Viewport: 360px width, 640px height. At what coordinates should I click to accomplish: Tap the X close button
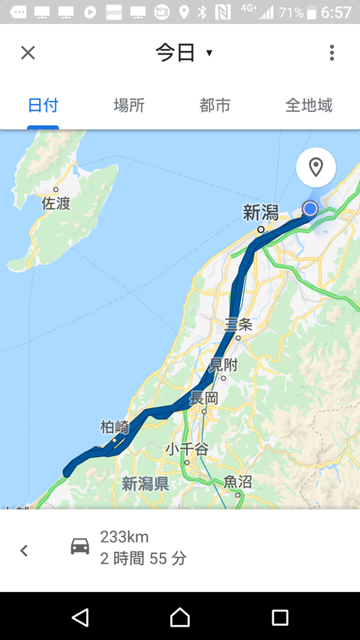(x=28, y=53)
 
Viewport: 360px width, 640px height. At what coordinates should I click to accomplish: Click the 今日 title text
(x=175, y=53)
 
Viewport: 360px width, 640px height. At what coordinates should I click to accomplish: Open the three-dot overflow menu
(x=331, y=53)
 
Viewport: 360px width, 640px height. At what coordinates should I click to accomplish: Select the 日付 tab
(x=43, y=105)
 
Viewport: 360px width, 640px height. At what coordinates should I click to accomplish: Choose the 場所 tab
(x=129, y=105)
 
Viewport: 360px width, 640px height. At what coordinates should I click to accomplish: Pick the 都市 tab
(x=215, y=105)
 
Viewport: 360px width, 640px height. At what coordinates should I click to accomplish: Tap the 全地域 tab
(x=309, y=105)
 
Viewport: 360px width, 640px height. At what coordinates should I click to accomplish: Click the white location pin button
(x=316, y=167)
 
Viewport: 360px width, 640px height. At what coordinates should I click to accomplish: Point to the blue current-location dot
(x=310, y=209)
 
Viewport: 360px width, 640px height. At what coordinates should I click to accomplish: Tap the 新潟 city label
(x=260, y=214)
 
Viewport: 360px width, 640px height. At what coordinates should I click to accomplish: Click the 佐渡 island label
(x=56, y=203)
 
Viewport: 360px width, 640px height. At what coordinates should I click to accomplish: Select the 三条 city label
(x=239, y=325)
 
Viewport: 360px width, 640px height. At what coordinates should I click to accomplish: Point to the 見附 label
(x=223, y=365)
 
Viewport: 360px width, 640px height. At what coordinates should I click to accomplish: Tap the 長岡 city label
(x=204, y=398)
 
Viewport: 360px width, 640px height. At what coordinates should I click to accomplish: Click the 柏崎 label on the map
(x=115, y=428)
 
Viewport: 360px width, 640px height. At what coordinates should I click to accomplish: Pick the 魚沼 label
(x=238, y=482)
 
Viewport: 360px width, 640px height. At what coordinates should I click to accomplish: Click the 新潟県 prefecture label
(x=145, y=484)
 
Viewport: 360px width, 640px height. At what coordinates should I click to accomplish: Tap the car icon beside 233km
(x=79, y=546)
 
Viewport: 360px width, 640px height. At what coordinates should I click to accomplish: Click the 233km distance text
(x=124, y=536)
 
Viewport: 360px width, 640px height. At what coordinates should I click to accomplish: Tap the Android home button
(x=180, y=617)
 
